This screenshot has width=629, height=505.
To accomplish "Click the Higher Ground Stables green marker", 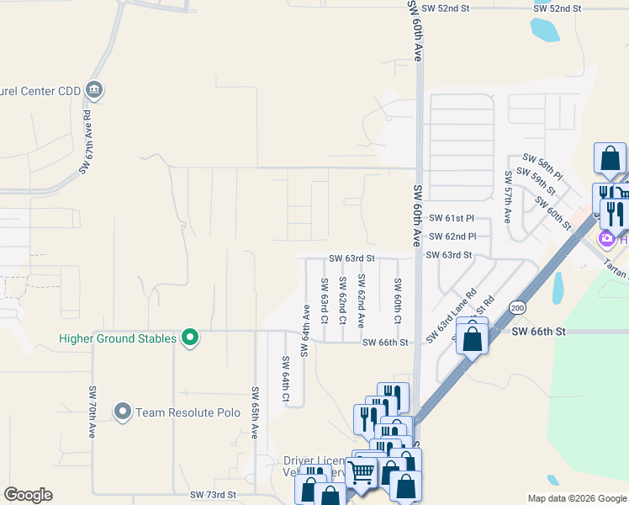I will (x=190, y=338).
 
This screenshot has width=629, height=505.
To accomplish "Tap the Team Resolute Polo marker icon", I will (x=124, y=412).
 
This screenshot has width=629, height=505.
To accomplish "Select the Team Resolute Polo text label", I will (x=188, y=412).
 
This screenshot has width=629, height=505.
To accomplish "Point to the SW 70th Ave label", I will (x=92, y=412).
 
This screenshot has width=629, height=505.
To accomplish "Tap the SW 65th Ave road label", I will (x=254, y=412).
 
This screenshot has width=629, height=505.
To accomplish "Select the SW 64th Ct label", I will (x=286, y=383).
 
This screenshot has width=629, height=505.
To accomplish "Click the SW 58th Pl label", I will (x=542, y=158).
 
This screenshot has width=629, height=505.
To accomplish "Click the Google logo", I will (x=28, y=495).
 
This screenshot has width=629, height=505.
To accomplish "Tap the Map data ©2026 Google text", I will (x=576, y=498).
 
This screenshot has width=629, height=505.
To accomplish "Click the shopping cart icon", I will (x=361, y=474).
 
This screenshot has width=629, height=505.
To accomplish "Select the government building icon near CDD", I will (x=93, y=90).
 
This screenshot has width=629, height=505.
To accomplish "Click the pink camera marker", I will (x=605, y=240).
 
